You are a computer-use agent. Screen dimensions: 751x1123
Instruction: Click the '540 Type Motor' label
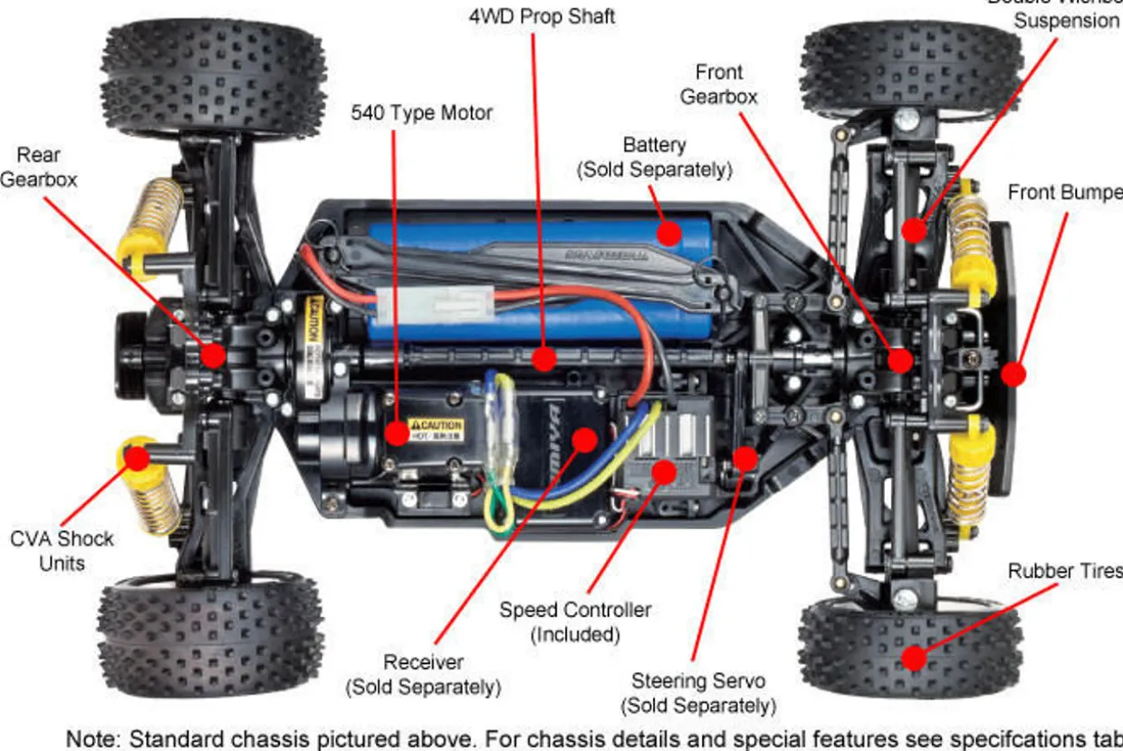(x=422, y=113)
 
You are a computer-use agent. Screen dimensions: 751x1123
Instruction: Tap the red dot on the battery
(x=668, y=234)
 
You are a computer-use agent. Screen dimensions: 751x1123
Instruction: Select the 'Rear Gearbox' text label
(x=39, y=168)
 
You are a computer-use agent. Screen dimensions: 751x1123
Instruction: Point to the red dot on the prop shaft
(x=543, y=359)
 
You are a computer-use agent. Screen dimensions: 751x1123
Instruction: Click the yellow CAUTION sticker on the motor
(x=436, y=427)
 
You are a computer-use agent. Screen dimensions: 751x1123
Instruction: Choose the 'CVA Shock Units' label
(x=62, y=551)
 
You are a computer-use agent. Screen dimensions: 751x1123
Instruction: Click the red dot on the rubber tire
(x=915, y=658)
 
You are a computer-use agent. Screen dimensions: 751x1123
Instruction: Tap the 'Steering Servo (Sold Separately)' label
(x=698, y=693)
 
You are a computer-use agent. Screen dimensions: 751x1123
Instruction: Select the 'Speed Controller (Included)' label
(x=575, y=621)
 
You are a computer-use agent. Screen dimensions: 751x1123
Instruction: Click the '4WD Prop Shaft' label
(x=542, y=16)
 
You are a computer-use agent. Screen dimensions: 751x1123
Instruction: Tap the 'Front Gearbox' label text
(x=719, y=83)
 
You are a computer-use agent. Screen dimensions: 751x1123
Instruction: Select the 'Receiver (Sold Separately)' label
(x=423, y=675)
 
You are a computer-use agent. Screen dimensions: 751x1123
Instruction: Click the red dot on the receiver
(x=585, y=441)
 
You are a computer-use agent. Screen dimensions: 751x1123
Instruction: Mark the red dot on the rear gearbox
(x=213, y=354)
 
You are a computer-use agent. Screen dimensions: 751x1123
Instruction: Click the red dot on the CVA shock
(x=137, y=457)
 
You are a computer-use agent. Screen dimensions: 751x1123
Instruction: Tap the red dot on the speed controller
(x=664, y=470)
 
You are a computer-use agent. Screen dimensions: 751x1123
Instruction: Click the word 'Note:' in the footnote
(x=93, y=738)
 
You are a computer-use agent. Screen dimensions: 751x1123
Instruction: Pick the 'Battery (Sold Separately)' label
(x=654, y=157)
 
